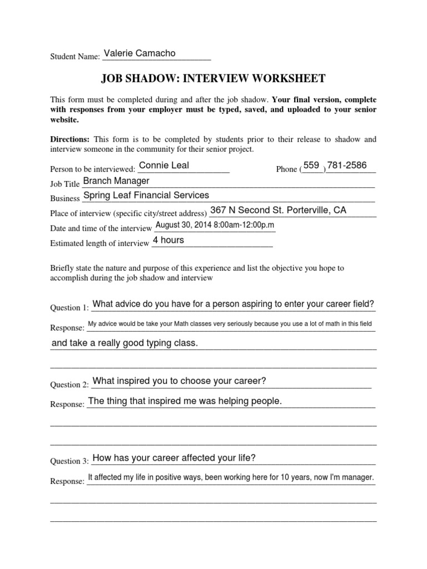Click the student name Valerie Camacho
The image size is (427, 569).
140,53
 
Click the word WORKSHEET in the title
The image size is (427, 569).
288,78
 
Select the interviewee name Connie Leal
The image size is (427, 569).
164,165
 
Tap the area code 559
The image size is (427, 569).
312,165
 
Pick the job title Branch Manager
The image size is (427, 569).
116,181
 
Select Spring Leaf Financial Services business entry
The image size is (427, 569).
146,195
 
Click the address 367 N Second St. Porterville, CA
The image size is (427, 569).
278,210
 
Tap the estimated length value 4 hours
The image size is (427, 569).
168,240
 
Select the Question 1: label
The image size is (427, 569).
69,308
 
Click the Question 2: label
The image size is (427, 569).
69,385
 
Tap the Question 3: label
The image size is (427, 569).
69,461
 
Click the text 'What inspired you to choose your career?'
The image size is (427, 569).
180,381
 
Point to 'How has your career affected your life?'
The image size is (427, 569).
174,458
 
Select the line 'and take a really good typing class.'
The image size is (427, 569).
125,343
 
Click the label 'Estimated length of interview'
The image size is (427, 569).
100,243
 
